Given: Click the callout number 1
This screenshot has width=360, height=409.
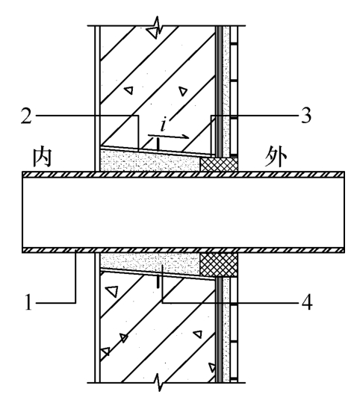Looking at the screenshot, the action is point(28,302).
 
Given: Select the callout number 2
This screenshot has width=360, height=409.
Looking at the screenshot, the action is point(26,116).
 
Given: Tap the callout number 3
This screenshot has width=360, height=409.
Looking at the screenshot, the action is point(306,115).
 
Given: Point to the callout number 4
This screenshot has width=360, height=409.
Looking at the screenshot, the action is point(307,302).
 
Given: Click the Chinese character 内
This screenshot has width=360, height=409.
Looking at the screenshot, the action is point(42,157).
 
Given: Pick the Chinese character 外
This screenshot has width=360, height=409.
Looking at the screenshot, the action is point(276,158).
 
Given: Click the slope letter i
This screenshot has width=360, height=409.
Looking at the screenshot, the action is point(164,124).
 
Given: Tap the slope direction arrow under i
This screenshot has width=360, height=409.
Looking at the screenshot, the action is point(168,136).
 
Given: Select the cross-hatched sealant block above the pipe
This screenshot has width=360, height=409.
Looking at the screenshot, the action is point(219,164).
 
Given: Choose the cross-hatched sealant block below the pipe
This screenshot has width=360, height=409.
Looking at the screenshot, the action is point(219,265).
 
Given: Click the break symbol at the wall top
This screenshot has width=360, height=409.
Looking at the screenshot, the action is point(155,28).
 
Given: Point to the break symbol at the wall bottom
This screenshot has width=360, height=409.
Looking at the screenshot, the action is point(158,382).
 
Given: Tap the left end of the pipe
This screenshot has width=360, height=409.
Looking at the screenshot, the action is point(22,212).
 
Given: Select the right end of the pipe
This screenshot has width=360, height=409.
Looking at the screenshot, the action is point(344,212).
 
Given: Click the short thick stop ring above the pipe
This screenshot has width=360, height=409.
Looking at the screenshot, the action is point(158,144).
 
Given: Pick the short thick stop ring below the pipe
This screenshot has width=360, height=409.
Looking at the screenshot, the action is point(158,282).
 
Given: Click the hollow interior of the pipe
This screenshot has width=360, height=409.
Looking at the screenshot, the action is point(183,212).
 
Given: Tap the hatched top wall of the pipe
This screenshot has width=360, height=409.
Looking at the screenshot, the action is point(183,174).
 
